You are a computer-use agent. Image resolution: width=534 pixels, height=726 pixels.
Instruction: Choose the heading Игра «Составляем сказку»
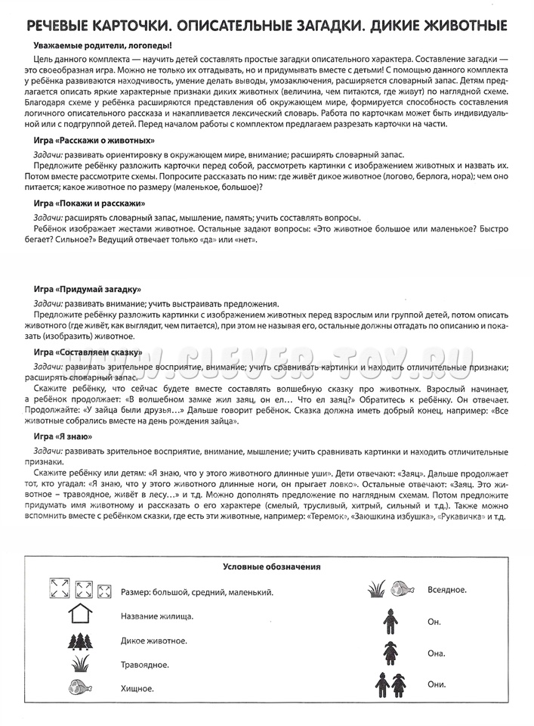(88, 352)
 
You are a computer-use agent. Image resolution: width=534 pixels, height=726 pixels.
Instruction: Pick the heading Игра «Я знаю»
(63, 436)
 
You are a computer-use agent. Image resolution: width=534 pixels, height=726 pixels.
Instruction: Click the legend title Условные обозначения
(271, 566)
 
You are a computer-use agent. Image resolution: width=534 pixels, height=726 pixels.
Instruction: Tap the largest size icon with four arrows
(59, 590)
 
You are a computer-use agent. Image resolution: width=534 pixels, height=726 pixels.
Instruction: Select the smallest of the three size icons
(105, 591)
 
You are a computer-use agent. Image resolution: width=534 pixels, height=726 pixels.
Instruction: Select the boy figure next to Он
(390, 621)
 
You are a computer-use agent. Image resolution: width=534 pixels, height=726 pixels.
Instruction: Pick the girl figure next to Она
(390, 653)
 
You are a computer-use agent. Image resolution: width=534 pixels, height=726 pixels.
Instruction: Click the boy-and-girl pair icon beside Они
(390, 684)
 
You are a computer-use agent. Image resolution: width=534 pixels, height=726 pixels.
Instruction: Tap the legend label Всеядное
(447, 588)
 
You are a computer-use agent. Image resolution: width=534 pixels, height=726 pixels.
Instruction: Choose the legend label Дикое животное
(153, 641)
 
